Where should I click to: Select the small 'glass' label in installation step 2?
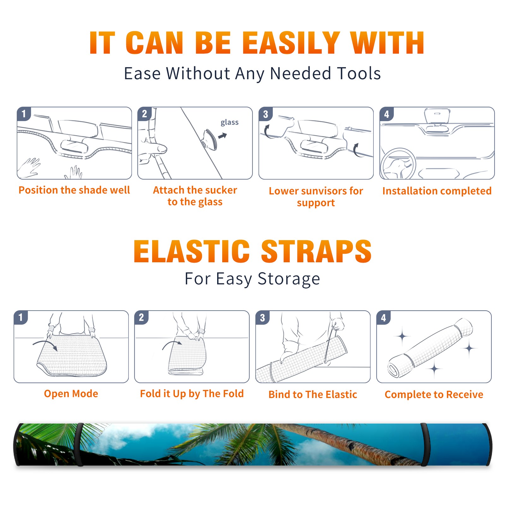coord(229,122)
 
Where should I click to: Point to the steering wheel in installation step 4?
coord(398,164)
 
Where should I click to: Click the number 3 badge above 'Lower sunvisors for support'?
coord(266,114)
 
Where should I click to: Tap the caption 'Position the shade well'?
coord(74,190)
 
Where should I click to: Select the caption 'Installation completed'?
coord(437,191)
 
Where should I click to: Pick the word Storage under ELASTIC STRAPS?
coord(289,279)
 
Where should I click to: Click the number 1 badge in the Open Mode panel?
coord(21,318)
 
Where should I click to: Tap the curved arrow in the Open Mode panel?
coord(45,345)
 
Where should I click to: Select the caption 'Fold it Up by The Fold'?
coord(192,394)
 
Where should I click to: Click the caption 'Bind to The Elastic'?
coord(313,395)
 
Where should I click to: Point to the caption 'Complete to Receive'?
coord(434,395)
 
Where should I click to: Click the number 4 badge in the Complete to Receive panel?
coord(383,318)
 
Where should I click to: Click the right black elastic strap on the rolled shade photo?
coord(425,444)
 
